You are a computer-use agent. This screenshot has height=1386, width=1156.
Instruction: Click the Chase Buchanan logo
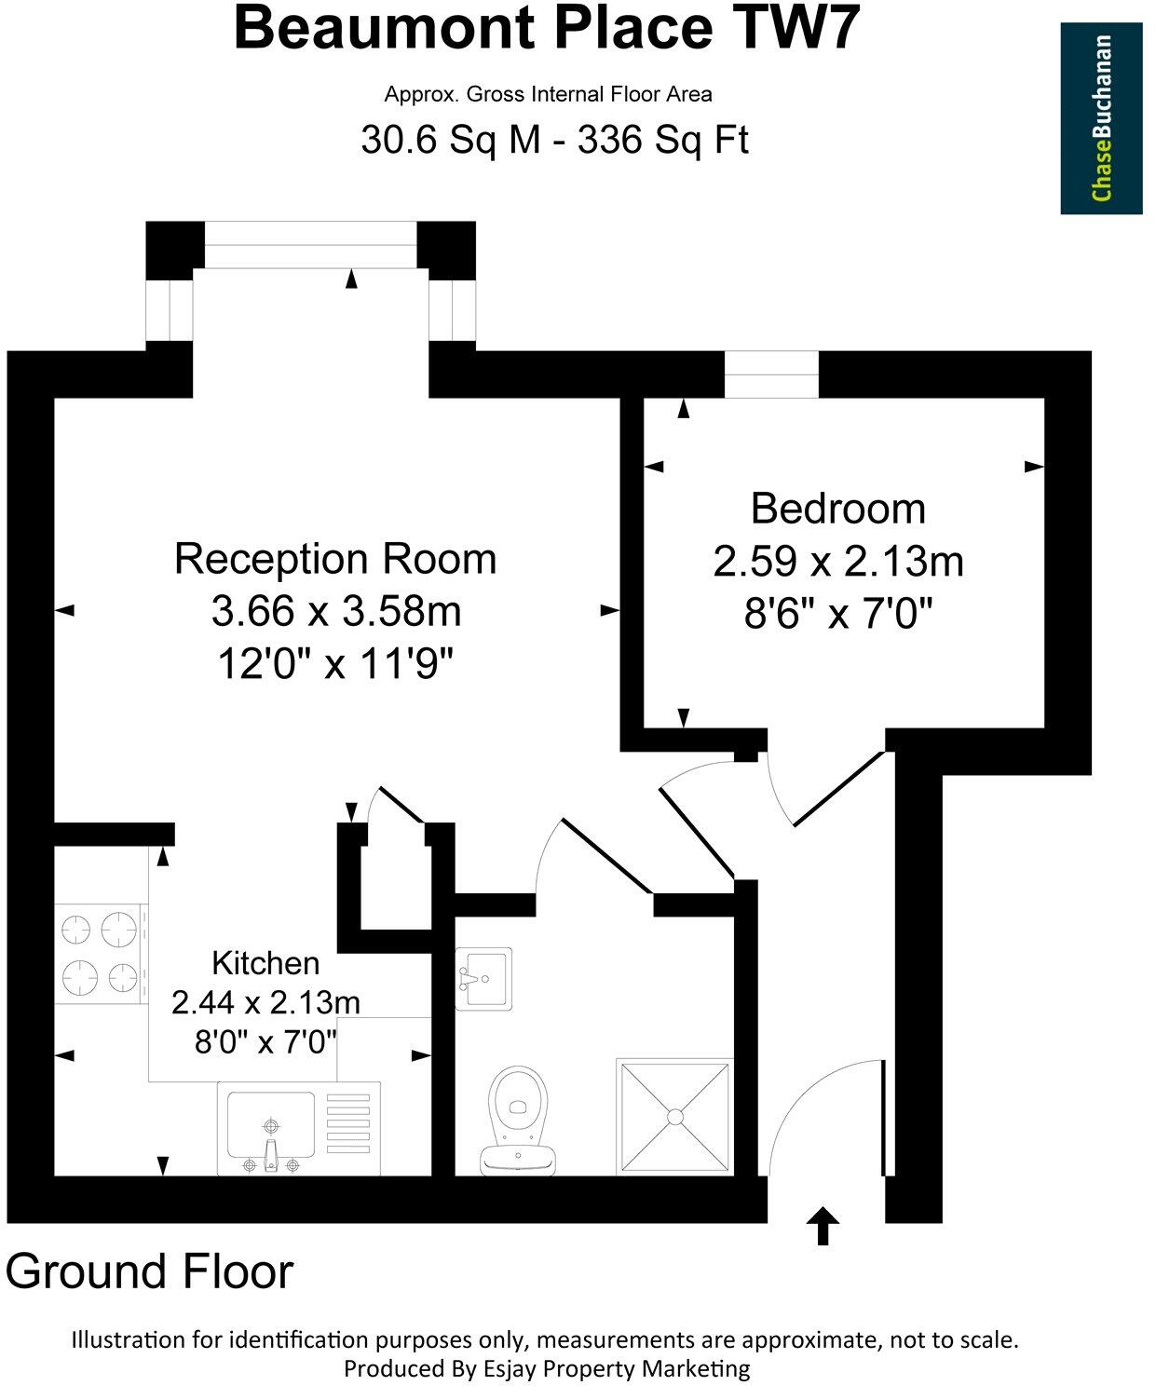[x=1101, y=118]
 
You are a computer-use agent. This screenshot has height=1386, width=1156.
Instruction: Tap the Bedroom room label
[x=838, y=509]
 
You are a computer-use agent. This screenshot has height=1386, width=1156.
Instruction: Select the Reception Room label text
[x=335, y=559]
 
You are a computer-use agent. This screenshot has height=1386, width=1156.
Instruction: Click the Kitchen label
[x=265, y=962]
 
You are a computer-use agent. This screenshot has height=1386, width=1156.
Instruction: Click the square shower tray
[x=674, y=1115]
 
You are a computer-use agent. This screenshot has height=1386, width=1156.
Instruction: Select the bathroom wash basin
[x=483, y=978]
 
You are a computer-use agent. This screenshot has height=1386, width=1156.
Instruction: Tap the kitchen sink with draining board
[x=298, y=1127]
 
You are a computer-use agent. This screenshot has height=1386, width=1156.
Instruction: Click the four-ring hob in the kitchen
[x=101, y=954]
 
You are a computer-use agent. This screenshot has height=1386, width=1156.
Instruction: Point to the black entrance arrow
[x=823, y=1226]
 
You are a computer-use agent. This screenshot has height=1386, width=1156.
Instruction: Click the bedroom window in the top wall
[x=771, y=374]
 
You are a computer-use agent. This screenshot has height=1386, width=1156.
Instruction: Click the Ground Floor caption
[x=150, y=1271]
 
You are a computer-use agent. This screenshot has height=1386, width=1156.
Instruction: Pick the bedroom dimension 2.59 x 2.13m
[x=838, y=562]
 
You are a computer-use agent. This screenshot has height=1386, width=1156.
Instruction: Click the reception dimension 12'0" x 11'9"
[x=335, y=665]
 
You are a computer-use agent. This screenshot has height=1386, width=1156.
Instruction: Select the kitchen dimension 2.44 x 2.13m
[x=265, y=1002]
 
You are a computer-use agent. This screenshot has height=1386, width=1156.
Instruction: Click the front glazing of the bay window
[x=310, y=244]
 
